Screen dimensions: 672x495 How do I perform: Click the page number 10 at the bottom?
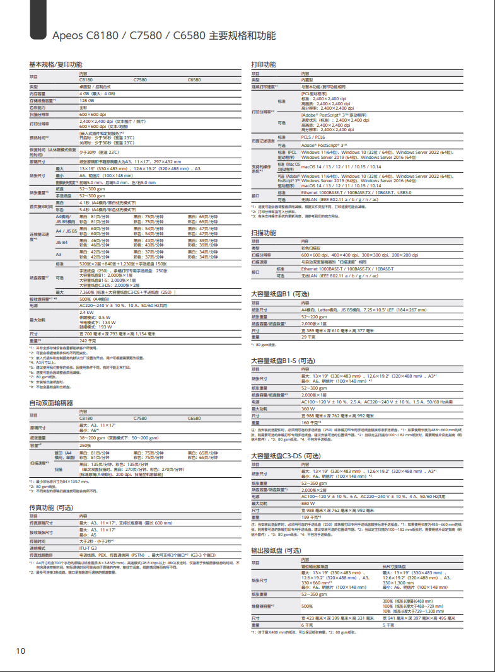coord(21,650)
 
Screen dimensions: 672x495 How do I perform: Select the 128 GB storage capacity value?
coord(87,100)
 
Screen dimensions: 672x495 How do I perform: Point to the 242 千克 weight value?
coord(88,340)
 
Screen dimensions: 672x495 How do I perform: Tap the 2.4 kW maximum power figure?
coord(86,312)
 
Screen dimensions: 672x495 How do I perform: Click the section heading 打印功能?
coord(264,65)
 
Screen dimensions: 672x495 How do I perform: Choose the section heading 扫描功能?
coord(264,233)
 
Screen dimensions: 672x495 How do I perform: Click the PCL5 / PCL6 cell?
coord(314,137)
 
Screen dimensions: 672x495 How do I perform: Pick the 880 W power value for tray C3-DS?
coord(309,504)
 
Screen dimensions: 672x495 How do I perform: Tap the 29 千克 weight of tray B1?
coord(308,337)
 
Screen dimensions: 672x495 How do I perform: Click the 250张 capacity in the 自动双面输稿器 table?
coord(85,446)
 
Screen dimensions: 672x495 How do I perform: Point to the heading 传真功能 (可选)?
coord(55,507)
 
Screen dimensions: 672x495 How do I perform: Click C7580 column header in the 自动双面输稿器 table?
coord(140,418)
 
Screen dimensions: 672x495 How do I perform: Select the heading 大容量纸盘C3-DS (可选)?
coord(286,455)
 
